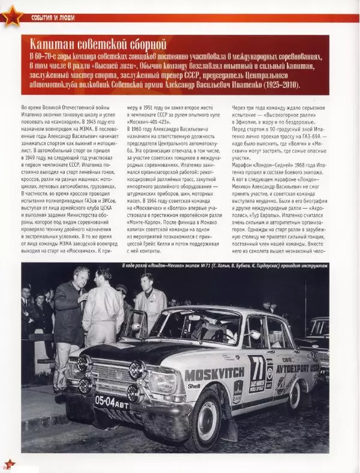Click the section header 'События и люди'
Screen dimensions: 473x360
53,18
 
